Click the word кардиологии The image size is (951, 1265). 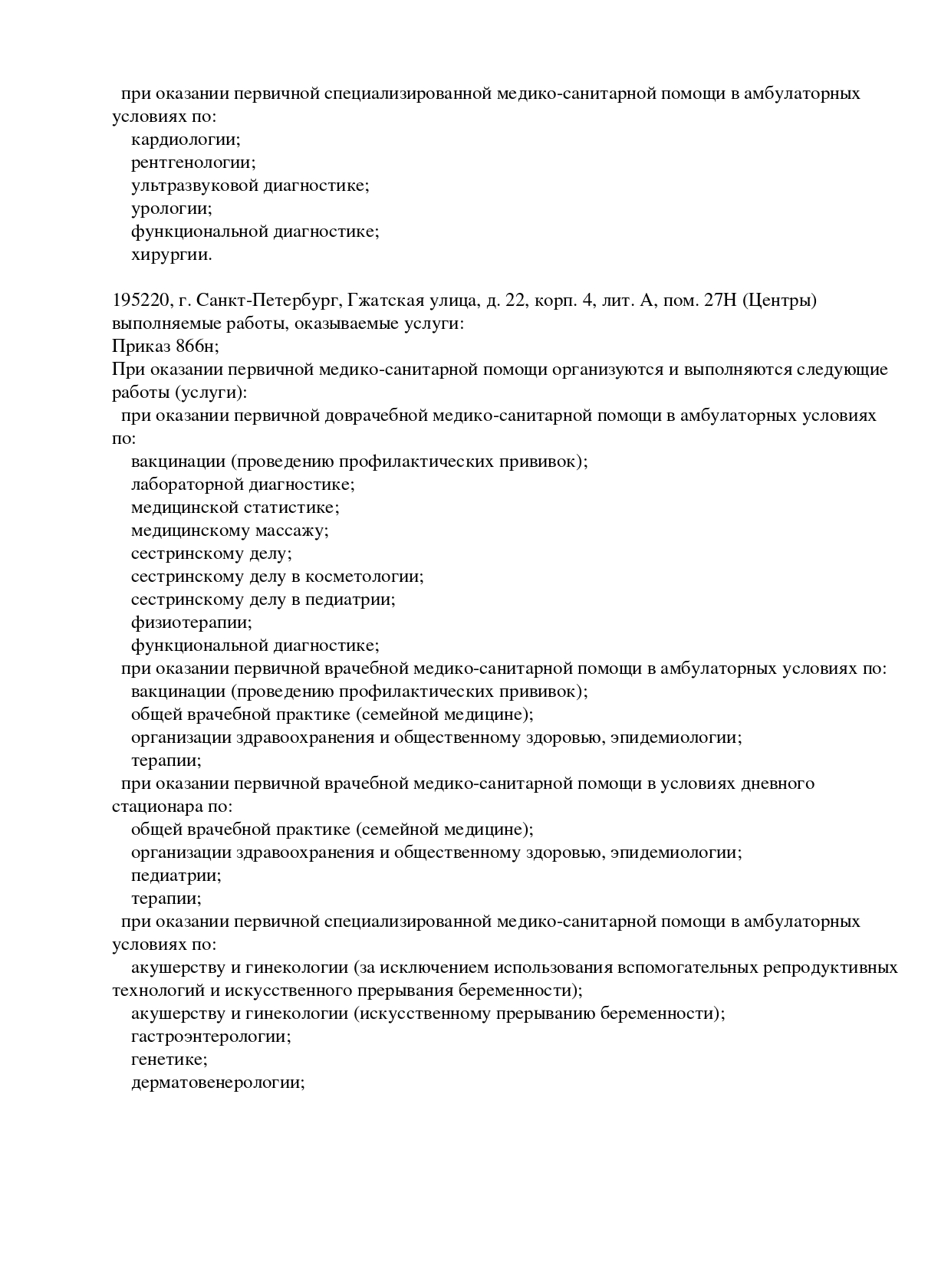pyautogui.click(x=186, y=140)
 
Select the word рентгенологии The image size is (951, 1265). pyautogui.click(x=193, y=163)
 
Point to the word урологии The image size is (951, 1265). pyautogui.click(x=171, y=209)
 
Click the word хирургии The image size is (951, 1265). pyautogui.click(x=171, y=255)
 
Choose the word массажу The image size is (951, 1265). pyautogui.click(x=291, y=531)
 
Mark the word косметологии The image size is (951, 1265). pyautogui.click(x=366, y=577)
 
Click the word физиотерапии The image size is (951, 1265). pyautogui.click(x=191, y=623)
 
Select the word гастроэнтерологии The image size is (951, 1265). pyautogui.click(x=211, y=1037)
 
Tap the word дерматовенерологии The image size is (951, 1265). pyautogui.click(x=218, y=1083)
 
